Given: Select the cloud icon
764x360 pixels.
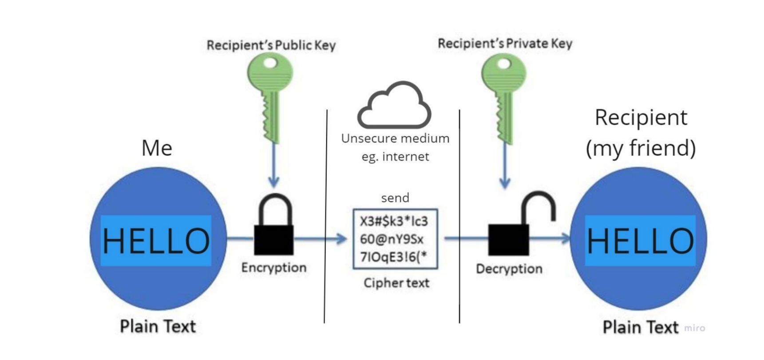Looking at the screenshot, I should (x=394, y=106).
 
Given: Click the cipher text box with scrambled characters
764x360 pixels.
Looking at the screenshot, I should (x=395, y=239).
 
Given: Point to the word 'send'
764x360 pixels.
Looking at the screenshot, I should (x=395, y=198).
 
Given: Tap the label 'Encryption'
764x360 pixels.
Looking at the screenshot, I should (x=274, y=268).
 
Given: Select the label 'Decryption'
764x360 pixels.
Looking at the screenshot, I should (x=509, y=269).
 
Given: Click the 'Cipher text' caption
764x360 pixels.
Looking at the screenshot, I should (x=396, y=283).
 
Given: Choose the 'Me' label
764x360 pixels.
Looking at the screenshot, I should (x=157, y=148).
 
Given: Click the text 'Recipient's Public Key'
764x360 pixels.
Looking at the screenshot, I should (x=271, y=45).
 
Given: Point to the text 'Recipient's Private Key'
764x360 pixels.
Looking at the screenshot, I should (x=505, y=44).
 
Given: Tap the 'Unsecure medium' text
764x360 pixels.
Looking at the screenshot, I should (x=395, y=138).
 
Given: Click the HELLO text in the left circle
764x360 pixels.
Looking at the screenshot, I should (x=156, y=241).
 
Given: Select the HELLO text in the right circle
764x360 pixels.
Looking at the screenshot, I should (x=640, y=241).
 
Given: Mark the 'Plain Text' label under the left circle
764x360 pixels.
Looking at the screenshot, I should (x=158, y=326).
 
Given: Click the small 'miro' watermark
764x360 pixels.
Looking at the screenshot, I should (x=694, y=328).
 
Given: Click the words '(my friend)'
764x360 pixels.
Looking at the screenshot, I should (x=641, y=148).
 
